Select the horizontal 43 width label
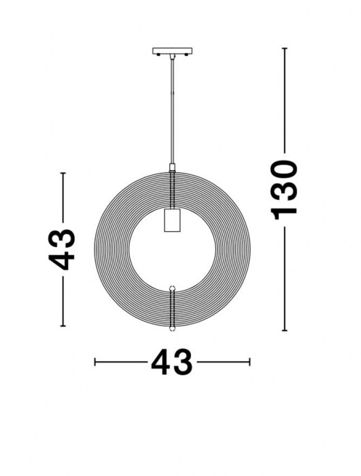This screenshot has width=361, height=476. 172,362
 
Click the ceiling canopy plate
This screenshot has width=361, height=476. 172,51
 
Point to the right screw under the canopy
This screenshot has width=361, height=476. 186,57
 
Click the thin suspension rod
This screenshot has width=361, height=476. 172,109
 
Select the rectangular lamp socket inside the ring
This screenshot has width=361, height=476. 172,220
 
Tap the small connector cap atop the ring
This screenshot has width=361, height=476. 172,167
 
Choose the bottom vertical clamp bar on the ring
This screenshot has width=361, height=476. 172,306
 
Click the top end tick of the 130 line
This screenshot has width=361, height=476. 284,48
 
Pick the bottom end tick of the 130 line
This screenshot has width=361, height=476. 284,330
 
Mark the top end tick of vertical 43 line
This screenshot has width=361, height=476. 63,173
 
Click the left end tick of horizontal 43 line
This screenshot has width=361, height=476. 95,362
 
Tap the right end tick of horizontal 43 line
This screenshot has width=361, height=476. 250,362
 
